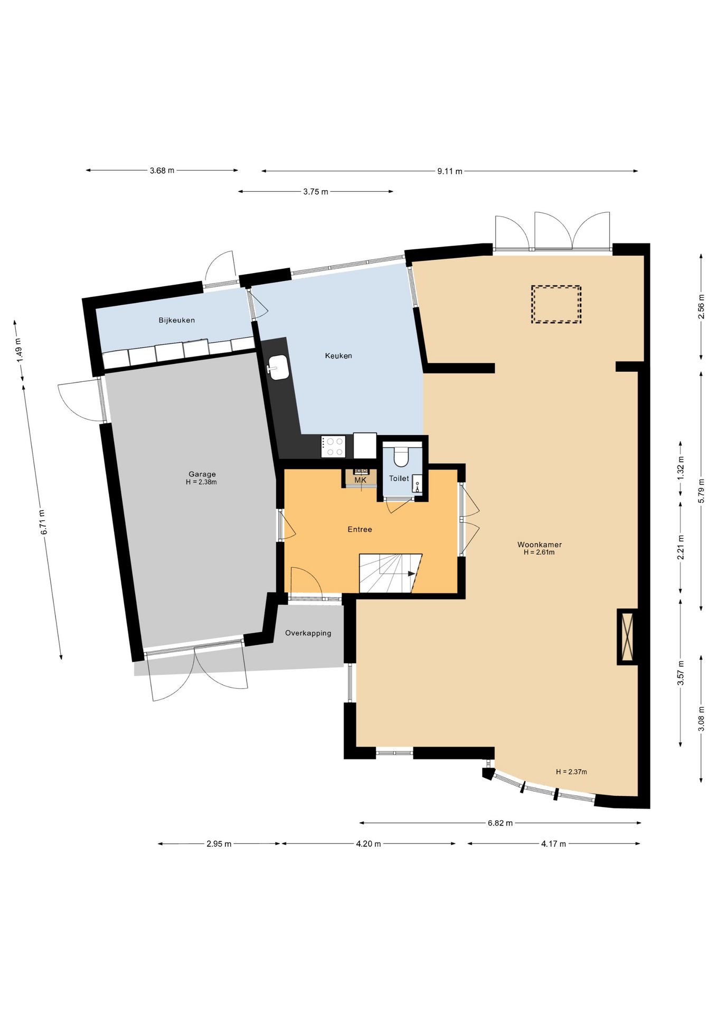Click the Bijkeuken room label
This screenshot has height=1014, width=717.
(x=176, y=320)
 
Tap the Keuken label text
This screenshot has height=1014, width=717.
(x=338, y=356)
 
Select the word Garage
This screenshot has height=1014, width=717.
(x=202, y=474)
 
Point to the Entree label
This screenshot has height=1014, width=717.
(x=360, y=529)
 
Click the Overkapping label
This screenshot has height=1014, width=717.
(x=308, y=633)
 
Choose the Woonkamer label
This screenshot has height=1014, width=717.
(x=540, y=544)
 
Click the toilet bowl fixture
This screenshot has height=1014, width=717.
(x=401, y=456)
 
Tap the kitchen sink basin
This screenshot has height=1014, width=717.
(x=278, y=367)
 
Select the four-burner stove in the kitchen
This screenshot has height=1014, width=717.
(x=333, y=446)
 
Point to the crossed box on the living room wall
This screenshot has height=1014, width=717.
(x=627, y=636)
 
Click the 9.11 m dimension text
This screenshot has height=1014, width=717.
(x=449, y=171)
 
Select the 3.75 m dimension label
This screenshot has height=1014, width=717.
(x=315, y=192)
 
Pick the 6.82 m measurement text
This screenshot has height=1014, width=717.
(x=500, y=823)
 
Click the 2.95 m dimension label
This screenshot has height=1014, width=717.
(x=219, y=844)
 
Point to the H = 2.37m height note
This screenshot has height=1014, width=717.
(x=571, y=772)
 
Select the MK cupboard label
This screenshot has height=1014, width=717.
(x=360, y=480)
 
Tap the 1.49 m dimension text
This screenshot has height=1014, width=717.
(x=19, y=350)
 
